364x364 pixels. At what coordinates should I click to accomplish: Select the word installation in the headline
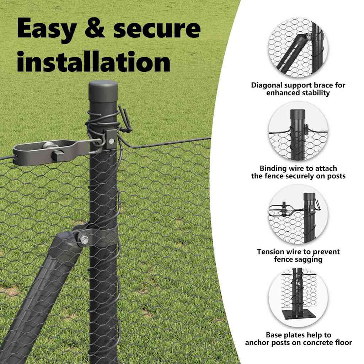click(x=93, y=61)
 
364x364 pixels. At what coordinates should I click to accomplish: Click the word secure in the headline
click(x=157, y=29)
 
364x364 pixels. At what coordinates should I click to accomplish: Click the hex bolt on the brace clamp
click(x=84, y=239)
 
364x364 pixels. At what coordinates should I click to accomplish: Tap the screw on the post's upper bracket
click(x=112, y=141)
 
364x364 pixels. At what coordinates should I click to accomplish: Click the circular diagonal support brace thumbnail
click(x=298, y=48)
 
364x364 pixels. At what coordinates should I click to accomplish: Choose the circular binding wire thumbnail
click(x=298, y=131)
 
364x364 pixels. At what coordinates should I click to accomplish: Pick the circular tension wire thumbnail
click(x=298, y=214)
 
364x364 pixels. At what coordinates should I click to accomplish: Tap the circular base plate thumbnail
click(x=298, y=298)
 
